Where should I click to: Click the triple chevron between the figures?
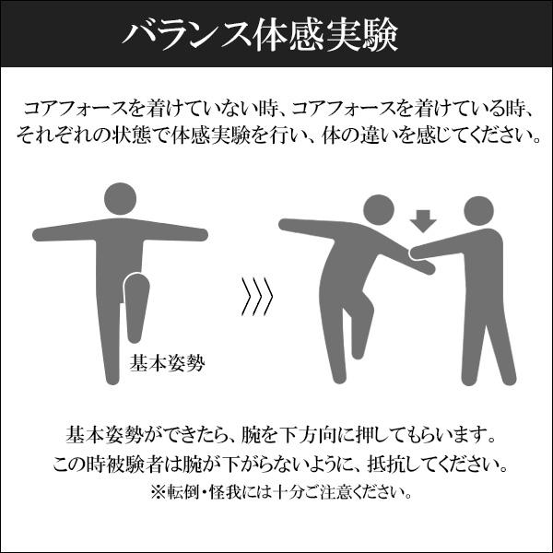257,295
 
